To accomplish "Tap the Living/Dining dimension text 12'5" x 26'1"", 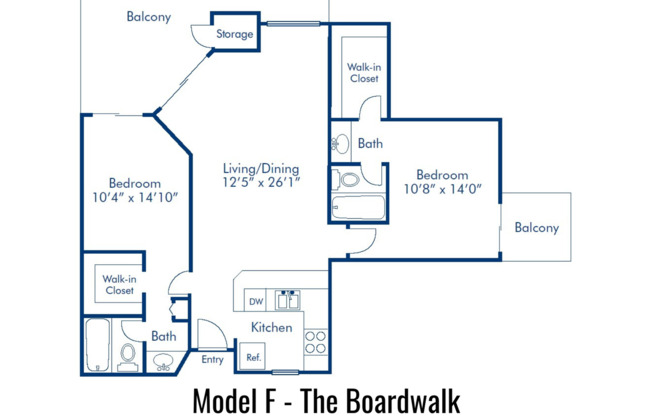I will click(261, 183).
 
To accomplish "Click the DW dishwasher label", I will click(256, 301).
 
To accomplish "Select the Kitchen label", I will click(271, 327).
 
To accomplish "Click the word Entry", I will click(213, 360).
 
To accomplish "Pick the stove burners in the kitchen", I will click(315, 342).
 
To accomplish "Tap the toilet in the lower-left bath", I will click(128, 354).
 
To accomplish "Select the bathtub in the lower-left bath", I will click(98, 345).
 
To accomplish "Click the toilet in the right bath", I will click(348, 180).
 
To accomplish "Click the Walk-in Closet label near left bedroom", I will click(120, 284).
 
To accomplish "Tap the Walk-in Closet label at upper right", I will click(363, 73).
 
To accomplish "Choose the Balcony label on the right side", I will click(536, 228).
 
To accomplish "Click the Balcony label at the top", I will click(149, 16).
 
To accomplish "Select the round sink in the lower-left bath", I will click(163, 361).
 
